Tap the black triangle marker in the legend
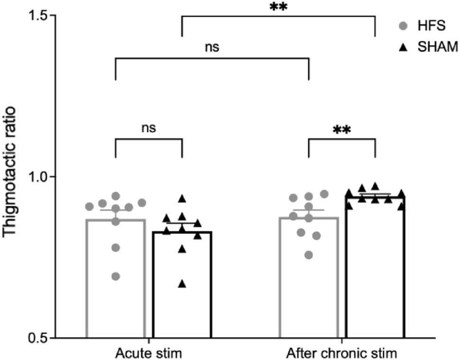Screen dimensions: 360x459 404,46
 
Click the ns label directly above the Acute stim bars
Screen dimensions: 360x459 148,128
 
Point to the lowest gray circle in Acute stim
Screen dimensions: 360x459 116,276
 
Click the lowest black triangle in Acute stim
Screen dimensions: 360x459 182,284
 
